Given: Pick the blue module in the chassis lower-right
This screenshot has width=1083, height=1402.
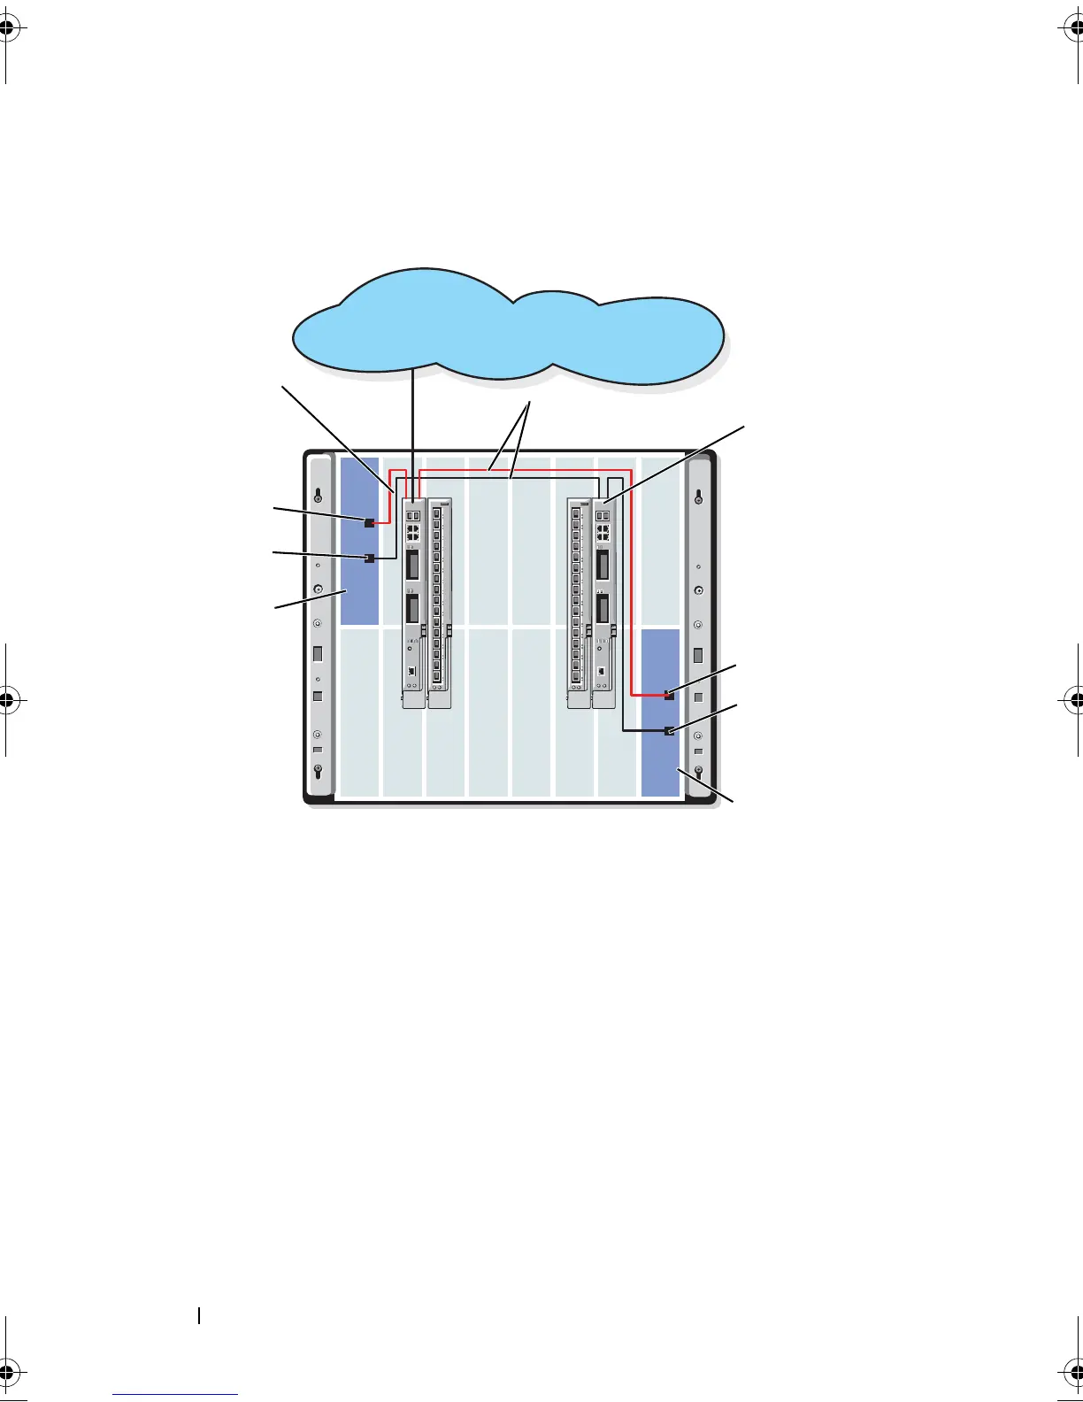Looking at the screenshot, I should coord(660,761).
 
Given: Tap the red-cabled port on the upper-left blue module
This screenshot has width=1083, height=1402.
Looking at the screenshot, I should coord(369,523).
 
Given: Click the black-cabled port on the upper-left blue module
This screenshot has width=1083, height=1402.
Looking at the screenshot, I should coord(369,558).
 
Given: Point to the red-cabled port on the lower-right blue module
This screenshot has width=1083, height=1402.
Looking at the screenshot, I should coord(669,696).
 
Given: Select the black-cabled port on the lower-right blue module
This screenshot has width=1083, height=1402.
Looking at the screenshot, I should coord(669,731).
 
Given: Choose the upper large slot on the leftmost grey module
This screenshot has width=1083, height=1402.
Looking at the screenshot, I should coord(412,564).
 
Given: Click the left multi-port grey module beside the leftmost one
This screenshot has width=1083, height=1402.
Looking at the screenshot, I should coord(439,602).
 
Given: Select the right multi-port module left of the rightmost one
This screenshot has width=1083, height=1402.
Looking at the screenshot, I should coord(578,602).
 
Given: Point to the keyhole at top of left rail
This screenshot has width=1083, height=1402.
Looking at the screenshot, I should coord(318,496).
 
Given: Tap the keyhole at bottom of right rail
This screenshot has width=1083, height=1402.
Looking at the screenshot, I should coord(699,770).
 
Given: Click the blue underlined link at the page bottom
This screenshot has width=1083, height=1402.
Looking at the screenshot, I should coord(175,1396).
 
